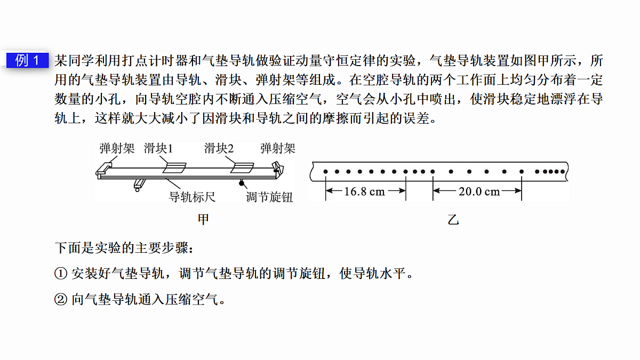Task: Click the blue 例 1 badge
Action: [27, 60]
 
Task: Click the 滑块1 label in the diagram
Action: [158, 148]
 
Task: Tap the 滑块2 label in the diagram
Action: [219, 148]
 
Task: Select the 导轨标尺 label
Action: [192, 197]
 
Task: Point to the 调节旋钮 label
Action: [269, 197]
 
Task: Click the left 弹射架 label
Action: [117, 148]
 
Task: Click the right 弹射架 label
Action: [278, 148]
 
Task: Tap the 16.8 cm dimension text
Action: [365, 191]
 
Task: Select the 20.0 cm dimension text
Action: [479, 191]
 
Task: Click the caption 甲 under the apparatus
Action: [203, 219]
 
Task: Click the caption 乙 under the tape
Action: [453, 219]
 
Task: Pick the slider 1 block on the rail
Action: [174, 167]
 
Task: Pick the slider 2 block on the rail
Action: [242, 167]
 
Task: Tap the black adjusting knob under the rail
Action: [242, 183]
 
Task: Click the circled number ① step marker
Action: [61, 274]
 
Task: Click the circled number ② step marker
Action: [61, 299]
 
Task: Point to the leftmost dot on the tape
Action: [325, 171]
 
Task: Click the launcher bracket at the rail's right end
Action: [278, 169]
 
